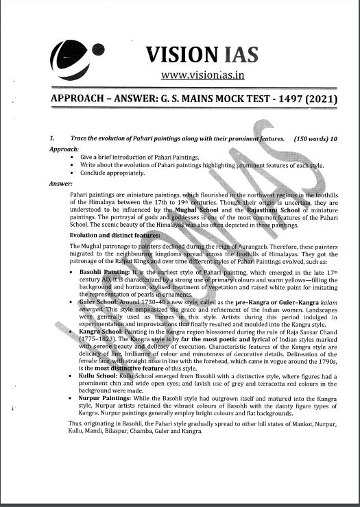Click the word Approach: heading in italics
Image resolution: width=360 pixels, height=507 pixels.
click(x=64, y=148)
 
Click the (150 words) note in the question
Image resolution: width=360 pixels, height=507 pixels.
click(x=310, y=139)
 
